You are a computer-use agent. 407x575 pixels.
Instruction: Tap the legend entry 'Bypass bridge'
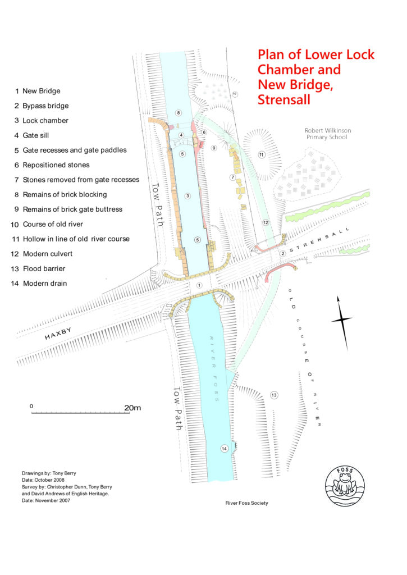[x=45, y=106]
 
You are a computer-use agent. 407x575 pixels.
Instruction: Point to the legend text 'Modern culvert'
[x=47, y=254]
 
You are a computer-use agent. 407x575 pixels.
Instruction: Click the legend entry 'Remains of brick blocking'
[x=65, y=194]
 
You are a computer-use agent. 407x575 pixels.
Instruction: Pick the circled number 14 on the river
[x=225, y=448]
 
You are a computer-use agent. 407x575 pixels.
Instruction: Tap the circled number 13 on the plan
[x=275, y=395]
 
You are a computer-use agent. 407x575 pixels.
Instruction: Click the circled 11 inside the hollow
[x=261, y=154]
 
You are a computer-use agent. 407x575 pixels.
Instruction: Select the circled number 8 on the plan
[x=179, y=113]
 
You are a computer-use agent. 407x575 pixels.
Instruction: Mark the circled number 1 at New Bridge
[x=199, y=285]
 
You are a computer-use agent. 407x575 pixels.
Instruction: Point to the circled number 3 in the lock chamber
[x=188, y=195]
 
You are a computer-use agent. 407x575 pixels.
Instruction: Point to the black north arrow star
[x=341, y=320]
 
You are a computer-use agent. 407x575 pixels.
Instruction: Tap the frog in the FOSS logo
[x=345, y=482]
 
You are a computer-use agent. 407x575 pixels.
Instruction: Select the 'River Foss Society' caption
[x=246, y=503]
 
